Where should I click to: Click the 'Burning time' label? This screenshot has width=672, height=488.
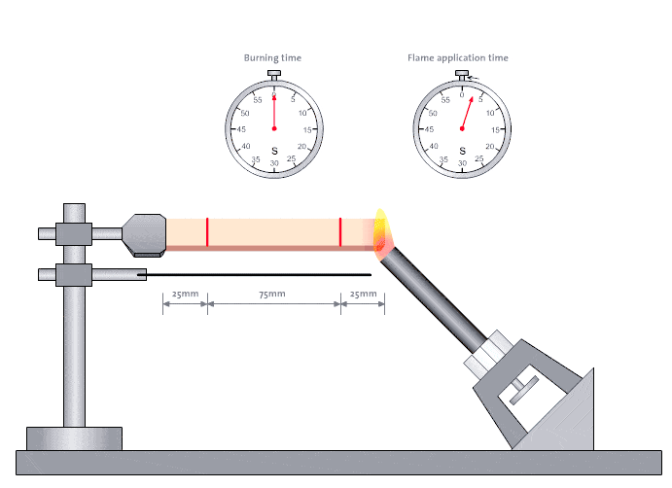pyautogui.click(x=272, y=57)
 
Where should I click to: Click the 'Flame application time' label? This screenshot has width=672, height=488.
pyautogui.click(x=458, y=57)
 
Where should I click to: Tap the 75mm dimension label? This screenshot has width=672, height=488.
pyautogui.click(x=272, y=294)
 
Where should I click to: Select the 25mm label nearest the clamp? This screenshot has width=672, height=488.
pyautogui.click(x=185, y=294)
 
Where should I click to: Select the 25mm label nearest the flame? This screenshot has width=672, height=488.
pyautogui.click(x=364, y=294)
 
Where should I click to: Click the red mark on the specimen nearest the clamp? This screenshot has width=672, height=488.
pyautogui.click(x=207, y=232)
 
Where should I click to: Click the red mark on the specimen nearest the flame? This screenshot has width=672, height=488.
pyautogui.click(x=340, y=232)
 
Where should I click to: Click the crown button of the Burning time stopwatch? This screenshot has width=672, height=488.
pyautogui.click(x=274, y=74)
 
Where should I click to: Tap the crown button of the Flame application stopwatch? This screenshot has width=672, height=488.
pyautogui.click(x=462, y=74)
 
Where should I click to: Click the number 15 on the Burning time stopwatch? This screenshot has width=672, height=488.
pyautogui.click(x=307, y=130)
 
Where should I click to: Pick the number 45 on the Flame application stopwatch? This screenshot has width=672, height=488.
pyautogui.click(x=429, y=129)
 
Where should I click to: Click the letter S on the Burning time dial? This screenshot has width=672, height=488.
pyautogui.click(x=274, y=151)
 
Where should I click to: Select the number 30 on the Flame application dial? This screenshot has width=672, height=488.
pyautogui.click(x=462, y=163)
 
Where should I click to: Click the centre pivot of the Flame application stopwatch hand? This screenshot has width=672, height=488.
pyautogui.click(x=462, y=128)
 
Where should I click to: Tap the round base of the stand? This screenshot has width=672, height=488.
pyautogui.click(x=74, y=438)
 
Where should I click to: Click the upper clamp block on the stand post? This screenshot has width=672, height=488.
pyautogui.click(x=74, y=234)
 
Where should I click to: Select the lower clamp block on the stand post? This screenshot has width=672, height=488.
pyautogui.click(x=74, y=275)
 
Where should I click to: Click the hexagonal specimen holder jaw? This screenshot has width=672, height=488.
pyautogui.click(x=144, y=235)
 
